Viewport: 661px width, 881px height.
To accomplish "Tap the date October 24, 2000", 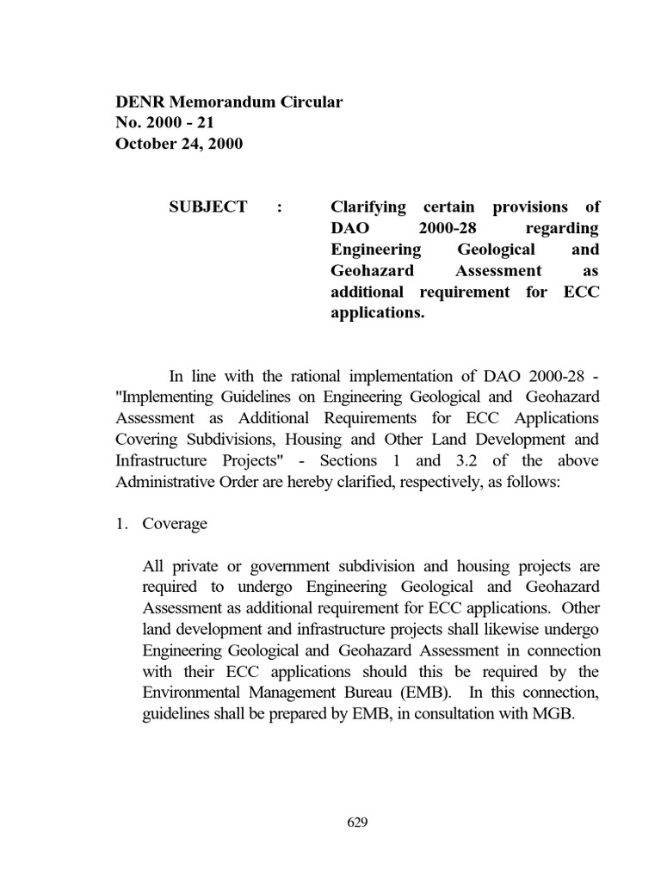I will click(179, 144).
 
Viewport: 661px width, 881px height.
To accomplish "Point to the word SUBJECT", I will click(208, 207).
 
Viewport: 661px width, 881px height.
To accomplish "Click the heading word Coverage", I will click(175, 525).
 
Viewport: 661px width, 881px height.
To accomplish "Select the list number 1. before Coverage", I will click(122, 525).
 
